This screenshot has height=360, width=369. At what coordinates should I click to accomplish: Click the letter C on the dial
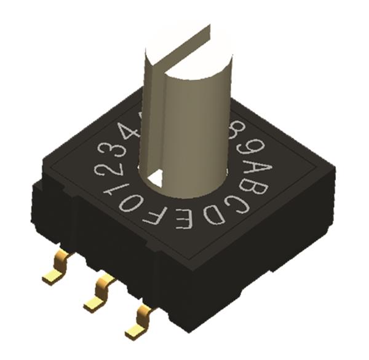[x=240, y=205]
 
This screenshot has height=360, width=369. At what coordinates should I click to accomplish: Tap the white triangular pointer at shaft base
[x=156, y=178]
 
